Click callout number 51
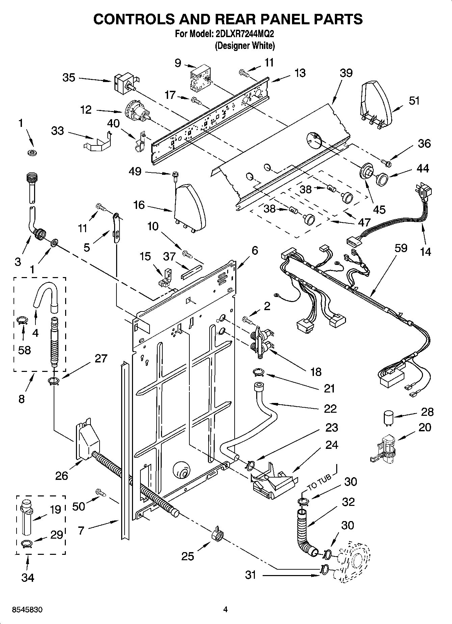(x=414, y=101)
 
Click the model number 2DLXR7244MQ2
(x=242, y=34)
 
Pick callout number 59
(x=401, y=248)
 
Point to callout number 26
(x=62, y=476)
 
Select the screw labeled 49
(x=175, y=175)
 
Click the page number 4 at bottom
(x=225, y=609)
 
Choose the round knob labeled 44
(x=381, y=179)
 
